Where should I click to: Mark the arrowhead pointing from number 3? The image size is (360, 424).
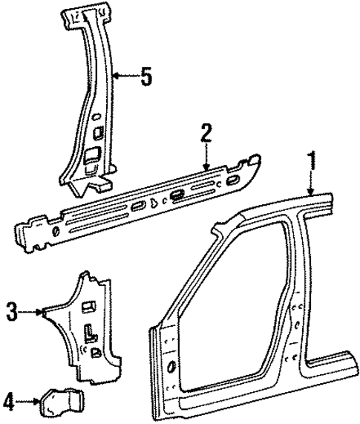tap(45, 312)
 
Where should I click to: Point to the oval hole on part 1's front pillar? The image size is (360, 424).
tap(171, 367)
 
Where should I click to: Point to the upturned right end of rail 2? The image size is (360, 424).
tap(254, 164)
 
